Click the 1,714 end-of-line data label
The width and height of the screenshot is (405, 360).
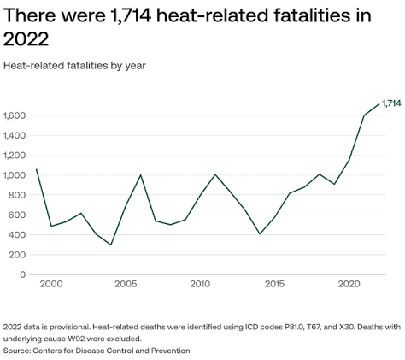391,103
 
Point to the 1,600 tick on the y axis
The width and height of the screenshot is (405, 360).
15,115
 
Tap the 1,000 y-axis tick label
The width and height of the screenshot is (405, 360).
15,175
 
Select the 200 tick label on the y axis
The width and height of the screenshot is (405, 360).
17,255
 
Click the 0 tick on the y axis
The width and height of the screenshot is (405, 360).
23,274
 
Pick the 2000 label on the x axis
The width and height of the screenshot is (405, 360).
51,284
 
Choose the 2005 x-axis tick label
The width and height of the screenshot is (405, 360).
126,284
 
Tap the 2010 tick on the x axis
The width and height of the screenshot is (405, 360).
200,284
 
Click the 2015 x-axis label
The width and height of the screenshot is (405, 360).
274,284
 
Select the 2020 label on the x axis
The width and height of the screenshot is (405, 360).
349,284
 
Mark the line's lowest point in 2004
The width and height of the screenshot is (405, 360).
111,245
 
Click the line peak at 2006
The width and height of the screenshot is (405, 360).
141,175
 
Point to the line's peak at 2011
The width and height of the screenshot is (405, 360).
215,174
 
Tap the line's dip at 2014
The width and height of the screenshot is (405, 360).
260,234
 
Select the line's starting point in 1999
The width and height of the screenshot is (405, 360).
37,169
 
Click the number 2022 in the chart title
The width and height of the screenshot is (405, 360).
26,38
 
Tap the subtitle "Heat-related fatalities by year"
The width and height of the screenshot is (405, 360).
74,66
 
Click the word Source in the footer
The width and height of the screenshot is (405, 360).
16,351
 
